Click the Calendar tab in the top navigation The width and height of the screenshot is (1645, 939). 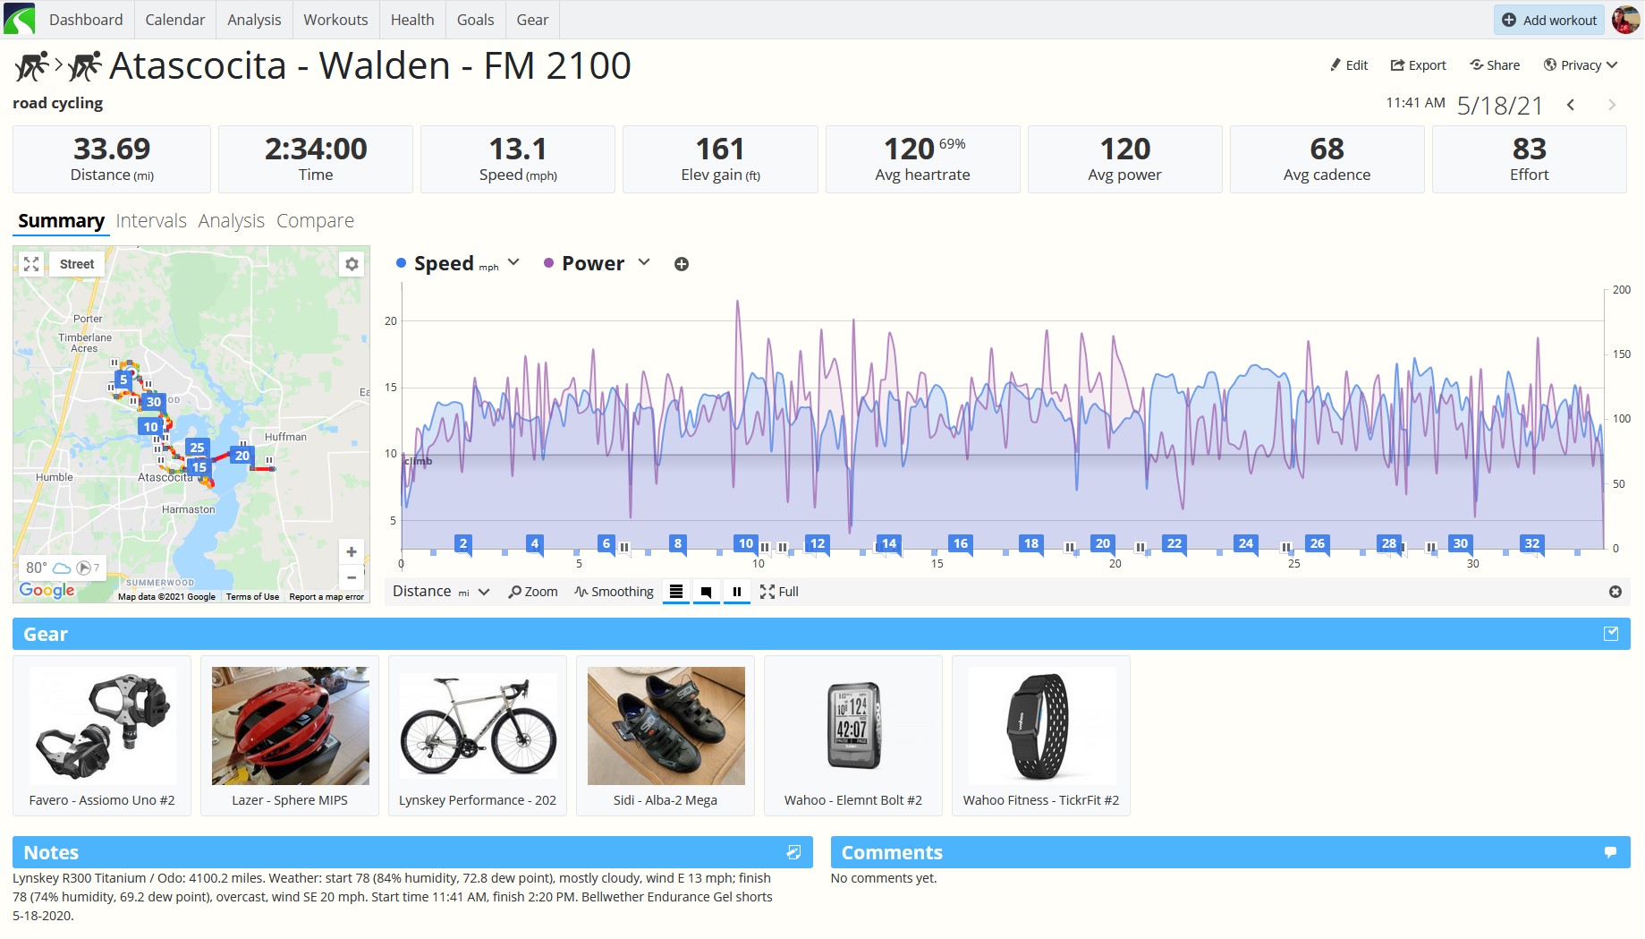coord(174,20)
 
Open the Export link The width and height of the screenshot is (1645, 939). coord(1418,65)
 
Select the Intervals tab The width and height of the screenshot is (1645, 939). coord(151,221)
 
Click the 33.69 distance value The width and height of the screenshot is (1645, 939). coord(112,149)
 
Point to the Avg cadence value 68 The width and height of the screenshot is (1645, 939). coord(1327,149)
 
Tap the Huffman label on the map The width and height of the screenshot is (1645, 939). coord(285,437)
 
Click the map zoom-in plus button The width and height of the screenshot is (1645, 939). coord(352,552)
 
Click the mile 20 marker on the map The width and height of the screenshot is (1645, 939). coord(242,456)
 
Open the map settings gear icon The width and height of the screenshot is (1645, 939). coord(352,264)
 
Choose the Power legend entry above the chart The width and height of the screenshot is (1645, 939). coord(593,264)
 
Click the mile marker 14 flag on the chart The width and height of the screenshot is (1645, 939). coord(889,543)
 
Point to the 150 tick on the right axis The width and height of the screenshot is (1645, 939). coord(1621,354)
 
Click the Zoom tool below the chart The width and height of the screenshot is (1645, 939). coord(533,592)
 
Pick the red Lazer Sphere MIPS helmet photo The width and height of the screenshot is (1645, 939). coord(290,726)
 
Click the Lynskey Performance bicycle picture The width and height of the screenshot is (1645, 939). coord(478,726)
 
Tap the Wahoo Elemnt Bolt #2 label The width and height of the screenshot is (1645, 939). coord(853,800)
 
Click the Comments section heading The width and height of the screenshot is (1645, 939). coord(892,853)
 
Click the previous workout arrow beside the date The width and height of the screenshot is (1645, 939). coord(1571,105)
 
